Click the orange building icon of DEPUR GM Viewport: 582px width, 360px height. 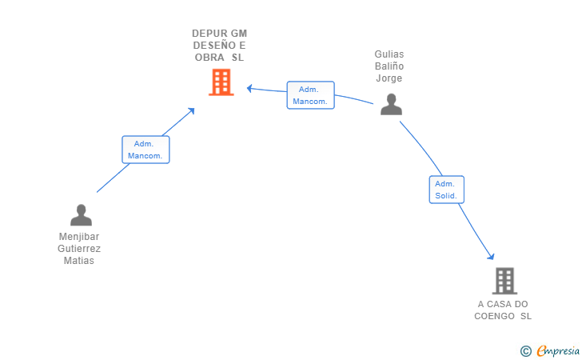tap(221, 82)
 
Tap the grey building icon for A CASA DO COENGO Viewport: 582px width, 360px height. tap(504, 281)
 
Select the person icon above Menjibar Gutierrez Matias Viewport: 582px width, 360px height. tap(81, 215)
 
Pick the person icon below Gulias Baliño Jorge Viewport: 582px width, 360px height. tap(391, 105)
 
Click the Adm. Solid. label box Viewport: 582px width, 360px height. tap(446, 190)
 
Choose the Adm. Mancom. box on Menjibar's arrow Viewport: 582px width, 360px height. tap(145, 150)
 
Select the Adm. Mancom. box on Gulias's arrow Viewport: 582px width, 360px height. tap(310, 95)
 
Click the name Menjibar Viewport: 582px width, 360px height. tap(79, 237)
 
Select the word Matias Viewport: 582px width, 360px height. tap(79, 261)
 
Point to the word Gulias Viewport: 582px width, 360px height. tap(389, 54)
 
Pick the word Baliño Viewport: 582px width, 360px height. tap(389, 66)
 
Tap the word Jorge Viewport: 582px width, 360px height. tap(389, 78)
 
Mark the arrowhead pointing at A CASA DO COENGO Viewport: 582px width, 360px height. tap(491, 256)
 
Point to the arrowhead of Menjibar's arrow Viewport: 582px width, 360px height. tap(191, 110)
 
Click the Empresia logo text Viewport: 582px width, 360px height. tap(557, 350)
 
